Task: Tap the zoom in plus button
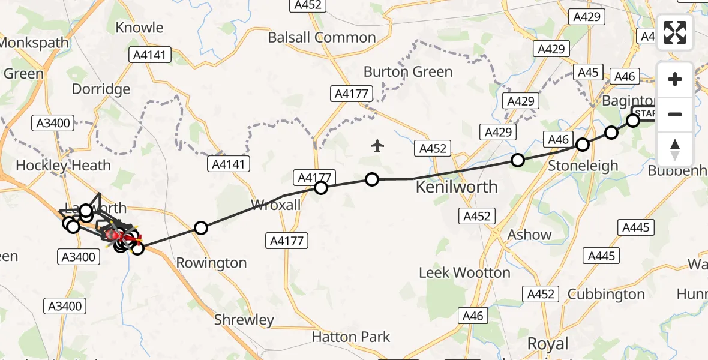[x=675, y=79]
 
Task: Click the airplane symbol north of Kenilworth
[x=377, y=146]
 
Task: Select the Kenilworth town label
[x=457, y=187]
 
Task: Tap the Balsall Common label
[x=322, y=37]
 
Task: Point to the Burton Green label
[x=408, y=72]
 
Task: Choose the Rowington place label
[x=211, y=263]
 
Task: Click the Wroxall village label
[x=275, y=206]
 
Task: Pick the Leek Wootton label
[x=464, y=273]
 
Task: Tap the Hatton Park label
[x=350, y=337]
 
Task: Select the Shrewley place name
[x=244, y=320]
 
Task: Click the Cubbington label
[x=606, y=294]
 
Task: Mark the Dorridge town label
[x=101, y=89]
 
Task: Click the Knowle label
[x=139, y=28]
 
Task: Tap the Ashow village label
[x=529, y=235]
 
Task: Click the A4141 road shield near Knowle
[x=150, y=56]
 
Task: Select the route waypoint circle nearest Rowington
[x=201, y=228]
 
